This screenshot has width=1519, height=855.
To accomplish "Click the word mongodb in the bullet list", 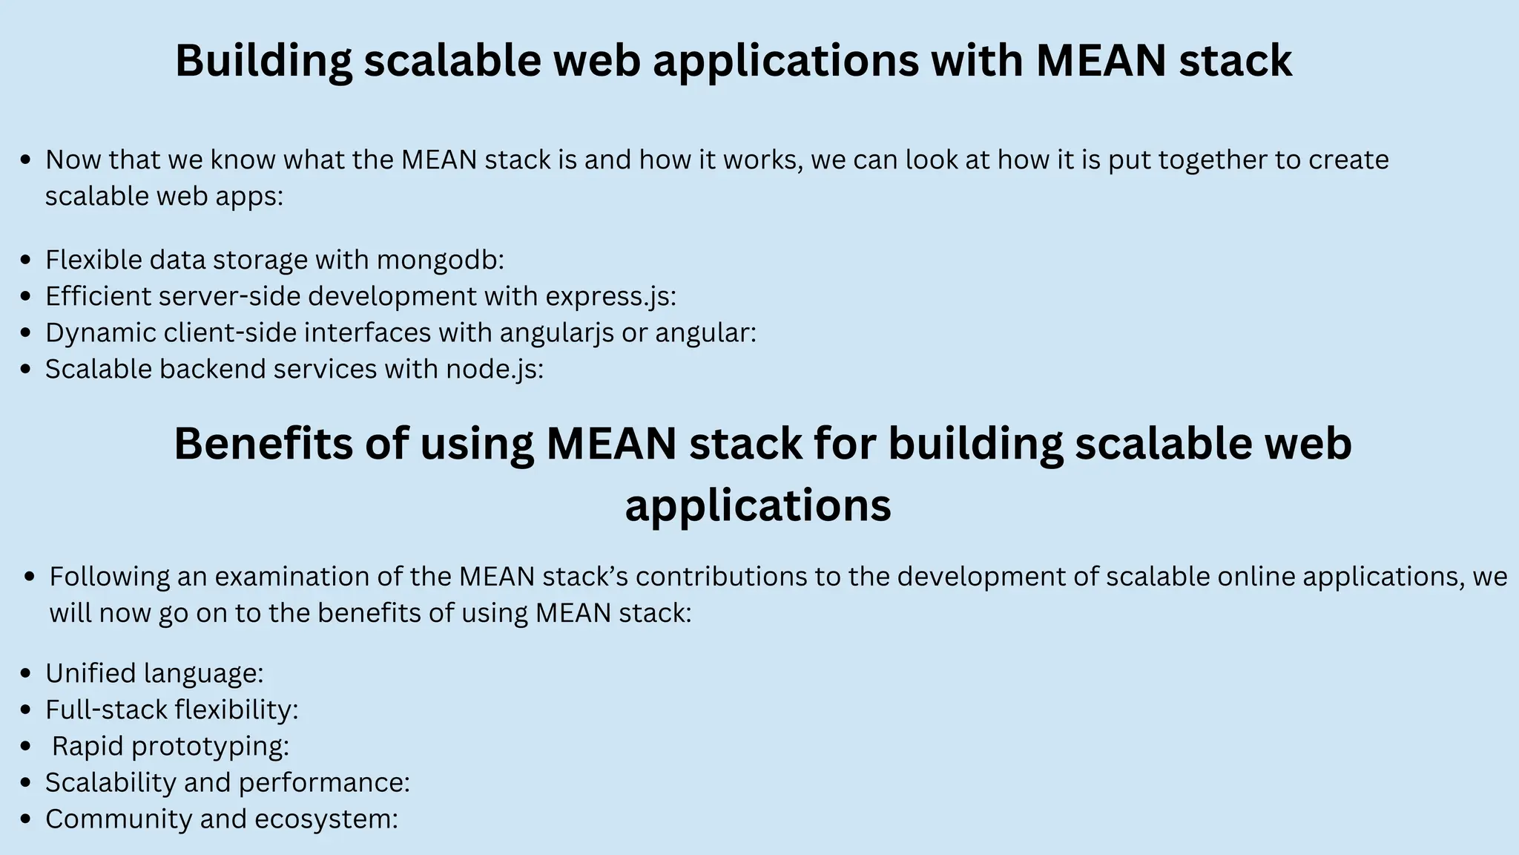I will [440, 260].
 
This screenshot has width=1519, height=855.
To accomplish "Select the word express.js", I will [610, 296].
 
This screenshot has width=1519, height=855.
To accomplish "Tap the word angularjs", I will [556, 332].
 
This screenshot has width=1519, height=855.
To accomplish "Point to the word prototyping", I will [210, 746].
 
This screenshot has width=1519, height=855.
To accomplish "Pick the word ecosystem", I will [326, 819].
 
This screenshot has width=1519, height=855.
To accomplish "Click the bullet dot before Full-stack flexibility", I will [27, 710].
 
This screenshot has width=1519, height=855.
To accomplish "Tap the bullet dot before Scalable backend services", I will [27, 370].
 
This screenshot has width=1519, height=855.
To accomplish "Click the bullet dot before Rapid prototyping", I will [27, 747].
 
